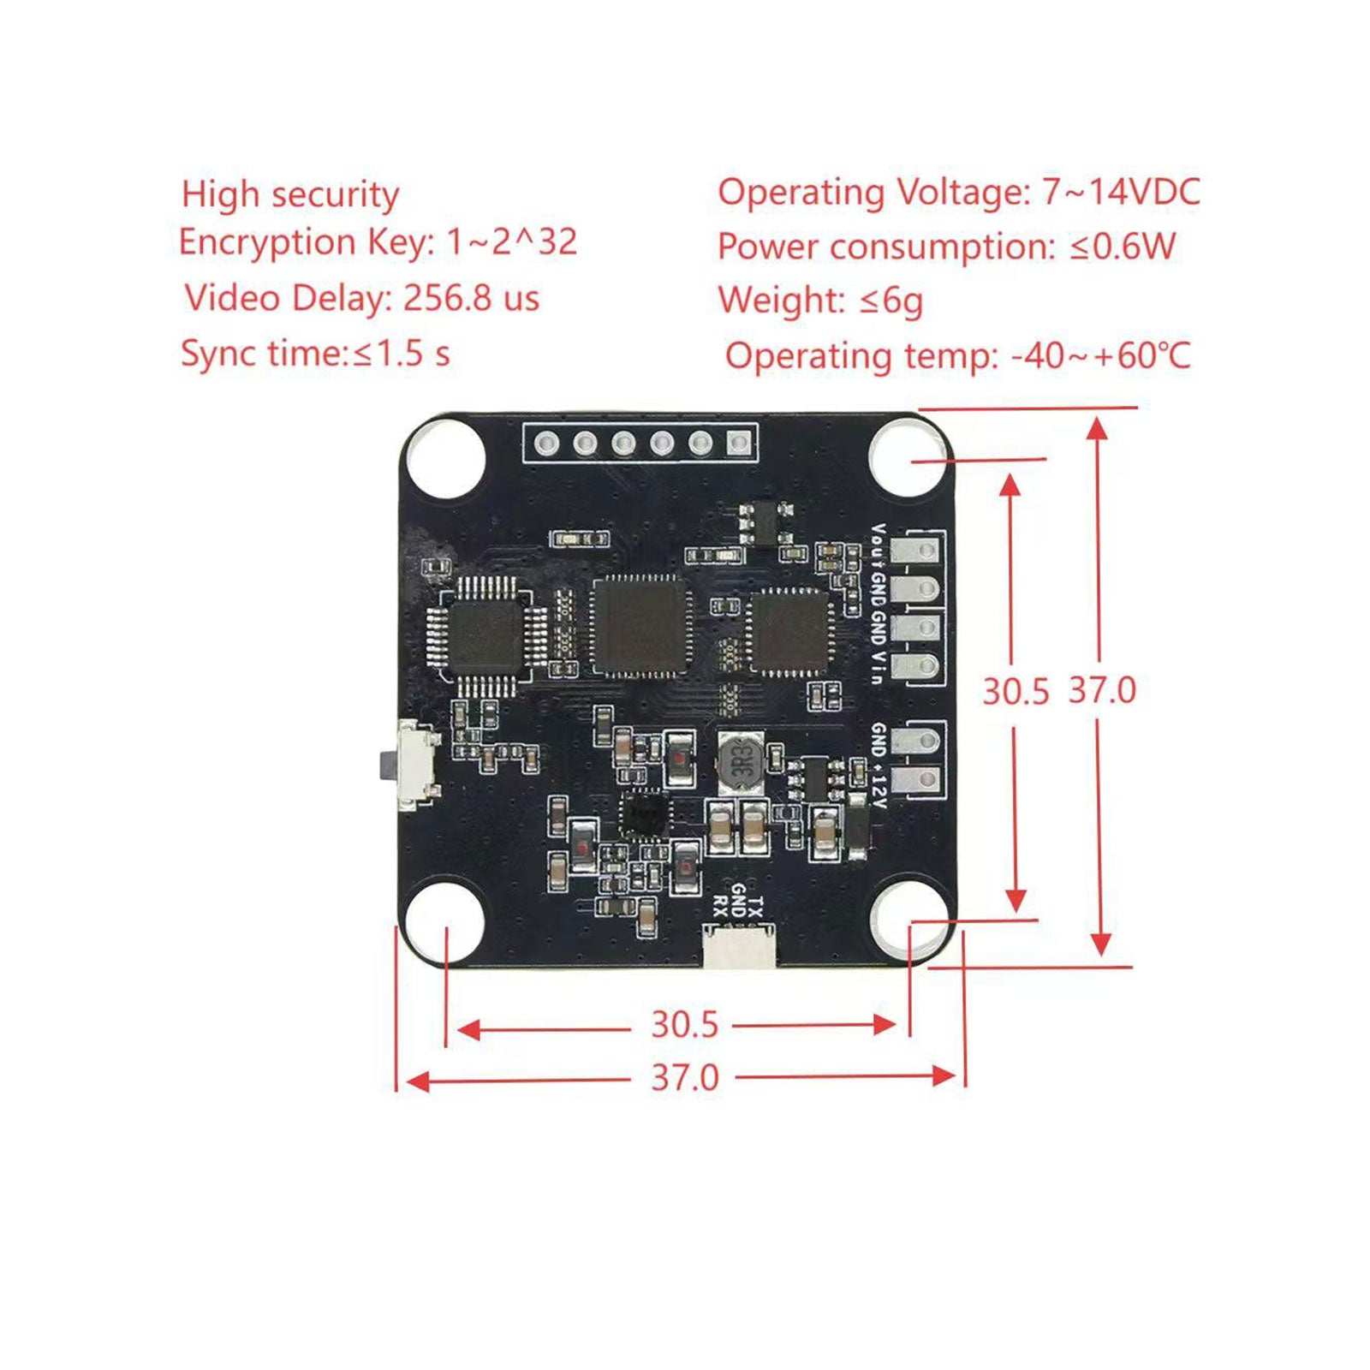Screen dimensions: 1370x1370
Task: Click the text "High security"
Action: tap(290, 195)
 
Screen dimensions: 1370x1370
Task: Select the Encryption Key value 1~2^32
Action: tap(512, 242)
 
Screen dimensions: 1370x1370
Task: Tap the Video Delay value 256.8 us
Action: tap(471, 298)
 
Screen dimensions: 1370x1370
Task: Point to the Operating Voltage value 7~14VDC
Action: tap(1121, 193)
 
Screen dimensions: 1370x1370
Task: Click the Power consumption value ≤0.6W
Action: tap(1123, 247)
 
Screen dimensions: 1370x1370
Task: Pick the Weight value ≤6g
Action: tap(890, 301)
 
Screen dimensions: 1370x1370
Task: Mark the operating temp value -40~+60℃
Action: tap(1100, 355)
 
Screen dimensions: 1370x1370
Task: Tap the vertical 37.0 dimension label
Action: tap(1102, 690)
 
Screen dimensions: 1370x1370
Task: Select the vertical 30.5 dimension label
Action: tap(1015, 691)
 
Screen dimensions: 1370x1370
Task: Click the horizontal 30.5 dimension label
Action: tap(684, 1025)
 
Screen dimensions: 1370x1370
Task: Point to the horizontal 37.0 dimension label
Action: tap(685, 1078)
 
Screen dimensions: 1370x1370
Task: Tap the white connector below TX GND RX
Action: tap(739, 946)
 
